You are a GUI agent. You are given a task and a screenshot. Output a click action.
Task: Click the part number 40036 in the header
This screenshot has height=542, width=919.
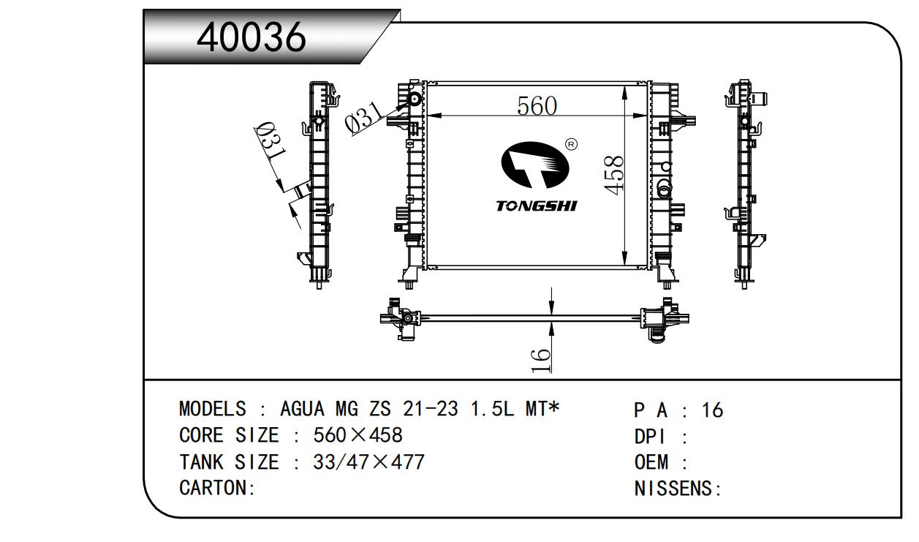[251, 37]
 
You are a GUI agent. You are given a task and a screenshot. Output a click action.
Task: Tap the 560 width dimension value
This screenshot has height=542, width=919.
[537, 105]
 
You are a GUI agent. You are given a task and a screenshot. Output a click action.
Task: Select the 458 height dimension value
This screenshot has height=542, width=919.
[613, 176]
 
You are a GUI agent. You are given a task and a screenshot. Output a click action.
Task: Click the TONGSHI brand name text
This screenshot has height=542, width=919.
[537, 206]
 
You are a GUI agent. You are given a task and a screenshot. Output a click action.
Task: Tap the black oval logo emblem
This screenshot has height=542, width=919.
[534, 165]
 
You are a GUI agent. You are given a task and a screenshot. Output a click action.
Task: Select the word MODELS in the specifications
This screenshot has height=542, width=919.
[213, 409]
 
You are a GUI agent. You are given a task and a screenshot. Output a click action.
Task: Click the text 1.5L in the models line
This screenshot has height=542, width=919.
[491, 409]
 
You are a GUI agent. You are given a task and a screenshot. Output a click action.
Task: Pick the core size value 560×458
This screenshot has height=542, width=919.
[358, 435]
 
